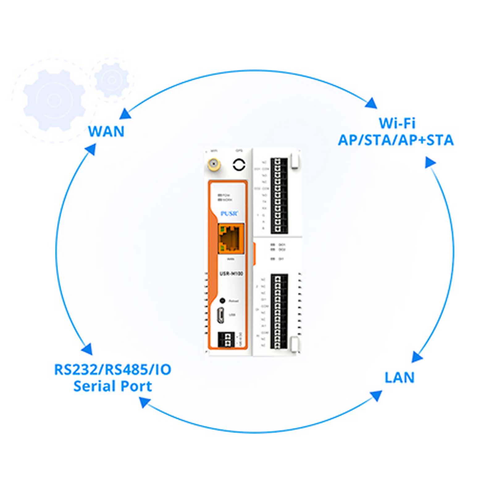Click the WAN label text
[x=106, y=132]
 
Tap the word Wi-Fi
[x=397, y=123]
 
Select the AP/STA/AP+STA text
[x=396, y=140]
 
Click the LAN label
[x=399, y=378]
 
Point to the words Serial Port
[x=113, y=386]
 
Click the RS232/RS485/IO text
[x=113, y=370]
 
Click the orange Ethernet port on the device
[x=230, y=239]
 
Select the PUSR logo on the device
[x=229, y=213]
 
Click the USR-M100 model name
[x=231, y=274]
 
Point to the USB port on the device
[x=220, y=315]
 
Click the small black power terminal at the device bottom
[x=225, y=340]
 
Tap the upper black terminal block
[x=279, y=195]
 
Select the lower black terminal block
[x=279, y=311]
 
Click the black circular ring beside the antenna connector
[x=239, y=165]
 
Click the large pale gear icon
[x=55, y=100]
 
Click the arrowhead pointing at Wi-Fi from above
[x=371, y=103]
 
